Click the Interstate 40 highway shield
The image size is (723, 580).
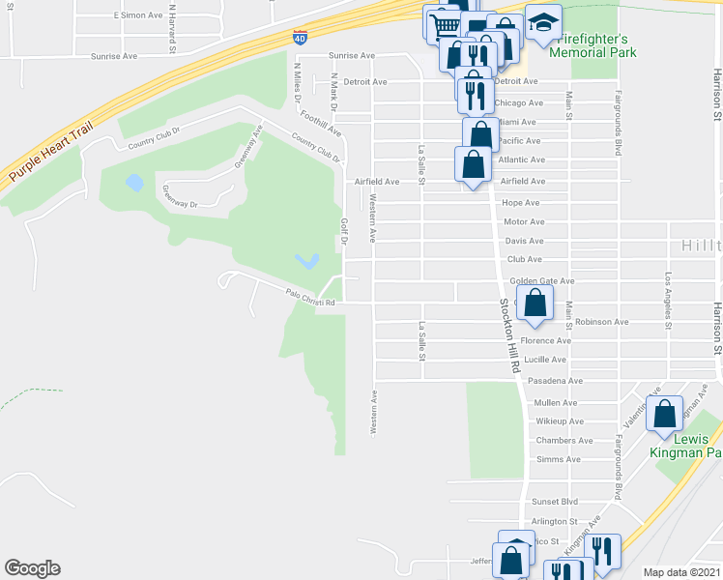[x=301, y=38]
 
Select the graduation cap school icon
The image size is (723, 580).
[x=543, y=23]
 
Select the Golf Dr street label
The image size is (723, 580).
[x=343, y=233]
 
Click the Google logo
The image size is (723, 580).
[x=32, y=568]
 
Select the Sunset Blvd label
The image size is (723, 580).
[x=555, y=502]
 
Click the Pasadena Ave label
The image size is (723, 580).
[x=555, y=381]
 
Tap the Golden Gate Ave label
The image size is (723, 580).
[x=541, y=280]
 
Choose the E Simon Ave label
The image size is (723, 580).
[x=138, y=15]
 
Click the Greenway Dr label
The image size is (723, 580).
[x=181, y=197]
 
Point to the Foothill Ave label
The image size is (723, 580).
[x=320, y=124]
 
